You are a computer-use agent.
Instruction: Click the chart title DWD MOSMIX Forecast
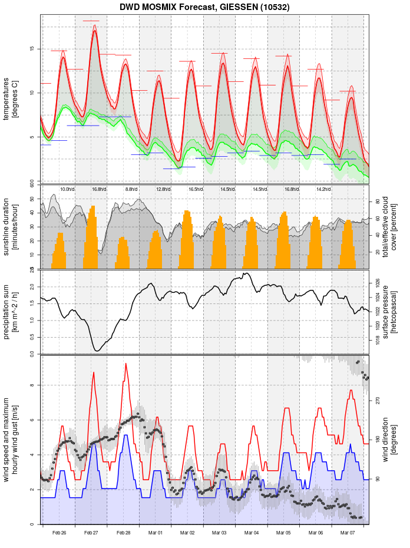[x=204, y=8]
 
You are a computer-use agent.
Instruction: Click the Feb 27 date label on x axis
[x=91, y=533]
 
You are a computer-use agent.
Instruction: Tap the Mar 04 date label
[x=252, y=533]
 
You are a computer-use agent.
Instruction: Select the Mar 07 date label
[x=348, y=533]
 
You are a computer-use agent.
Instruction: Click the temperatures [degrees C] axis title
[x=11, y=97]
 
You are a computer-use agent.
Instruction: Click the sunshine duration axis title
[x=11, y=227]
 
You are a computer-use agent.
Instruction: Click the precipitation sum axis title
[x=11, y=311]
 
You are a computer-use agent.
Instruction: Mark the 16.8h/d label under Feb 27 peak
[x=99, y=189]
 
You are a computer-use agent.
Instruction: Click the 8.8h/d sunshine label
[x=131, y=189]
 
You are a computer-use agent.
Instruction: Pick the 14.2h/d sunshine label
[x=323, y=189]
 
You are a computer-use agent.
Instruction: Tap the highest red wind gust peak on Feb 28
[x=125, y=364]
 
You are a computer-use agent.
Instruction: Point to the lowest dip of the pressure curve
[x=97, y=351]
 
